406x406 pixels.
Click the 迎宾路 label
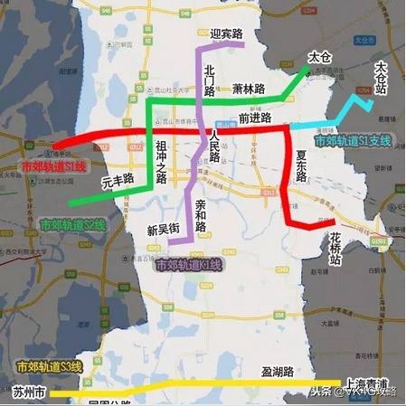[226, 34]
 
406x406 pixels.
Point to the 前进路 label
[255, 118]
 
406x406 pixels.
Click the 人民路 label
[214, 141]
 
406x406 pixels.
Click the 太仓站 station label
[382, 79]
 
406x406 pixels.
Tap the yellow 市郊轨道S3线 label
[50, 366]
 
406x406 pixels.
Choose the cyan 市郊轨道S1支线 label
[352, 140]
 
